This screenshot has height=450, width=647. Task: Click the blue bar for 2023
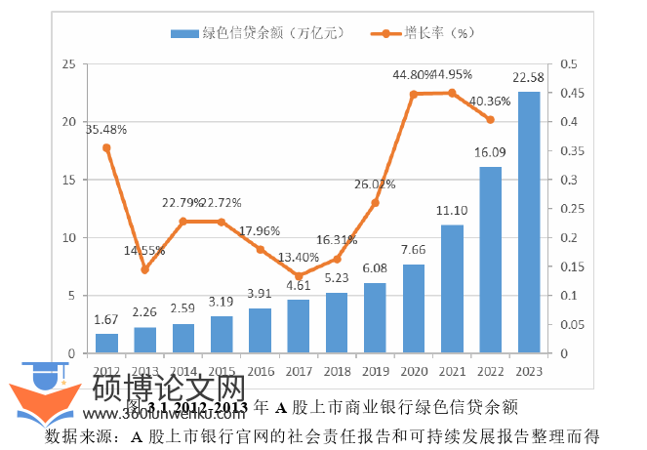coord(528,222)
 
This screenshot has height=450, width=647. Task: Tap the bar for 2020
coord(414,308)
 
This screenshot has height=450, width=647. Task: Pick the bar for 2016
coord(261,330)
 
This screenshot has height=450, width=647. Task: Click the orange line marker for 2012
coord(107,148)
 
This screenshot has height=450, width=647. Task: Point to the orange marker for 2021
coord(452,93)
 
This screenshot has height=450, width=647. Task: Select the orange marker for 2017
coord(299,276)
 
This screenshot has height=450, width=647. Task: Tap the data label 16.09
coord(490,153)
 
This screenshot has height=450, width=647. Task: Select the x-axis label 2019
coord(376,372)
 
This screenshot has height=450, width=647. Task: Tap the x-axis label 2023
coord(528,372)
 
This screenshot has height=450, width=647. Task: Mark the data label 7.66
coord(414,251)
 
